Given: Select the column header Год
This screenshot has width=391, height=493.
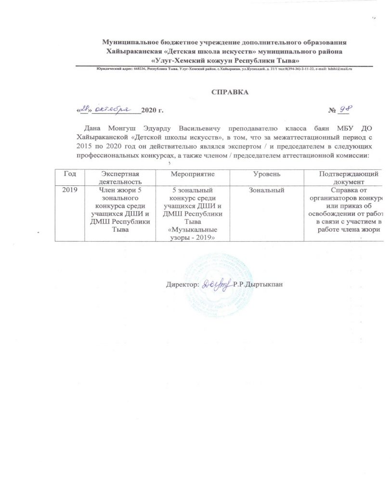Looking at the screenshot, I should (67, 173).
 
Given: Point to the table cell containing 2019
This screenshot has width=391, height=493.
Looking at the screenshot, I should (67, 191).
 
